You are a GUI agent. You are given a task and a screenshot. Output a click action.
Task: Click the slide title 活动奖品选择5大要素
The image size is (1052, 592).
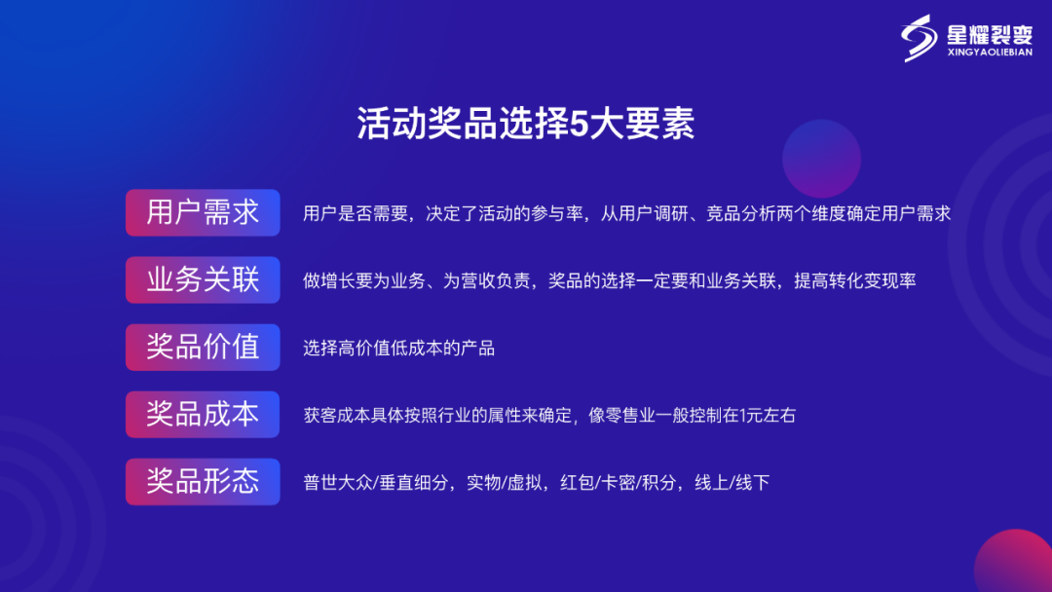point(525,124)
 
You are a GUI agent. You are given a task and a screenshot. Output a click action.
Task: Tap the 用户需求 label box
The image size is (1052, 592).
point(203,212)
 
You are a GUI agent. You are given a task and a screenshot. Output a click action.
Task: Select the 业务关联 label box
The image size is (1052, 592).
point(203,279)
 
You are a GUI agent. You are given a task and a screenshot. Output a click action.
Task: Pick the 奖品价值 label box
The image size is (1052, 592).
point(203,348)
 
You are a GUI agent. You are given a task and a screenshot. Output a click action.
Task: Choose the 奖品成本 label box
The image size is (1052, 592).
point(203,415)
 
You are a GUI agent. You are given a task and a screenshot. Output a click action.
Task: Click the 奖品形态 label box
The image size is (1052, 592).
point(203,481)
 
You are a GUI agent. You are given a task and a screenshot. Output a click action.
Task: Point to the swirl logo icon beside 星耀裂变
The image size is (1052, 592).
point(920,38)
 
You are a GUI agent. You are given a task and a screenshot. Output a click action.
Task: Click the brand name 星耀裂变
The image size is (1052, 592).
point(990,34)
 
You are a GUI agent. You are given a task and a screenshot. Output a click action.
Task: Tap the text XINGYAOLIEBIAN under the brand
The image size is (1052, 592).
point(990,53)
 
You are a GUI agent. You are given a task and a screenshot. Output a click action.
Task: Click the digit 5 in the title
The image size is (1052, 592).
point(579,124)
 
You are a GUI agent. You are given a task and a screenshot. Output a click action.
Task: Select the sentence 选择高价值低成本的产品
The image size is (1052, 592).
point(398,348)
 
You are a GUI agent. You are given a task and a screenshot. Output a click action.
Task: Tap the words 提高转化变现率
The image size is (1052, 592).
point(855,280)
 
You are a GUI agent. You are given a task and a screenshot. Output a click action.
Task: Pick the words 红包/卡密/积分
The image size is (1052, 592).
point(618,482)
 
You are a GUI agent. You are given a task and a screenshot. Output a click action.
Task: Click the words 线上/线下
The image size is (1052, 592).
point(732,482)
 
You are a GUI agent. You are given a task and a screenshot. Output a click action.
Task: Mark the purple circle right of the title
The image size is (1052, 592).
point(821,159)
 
